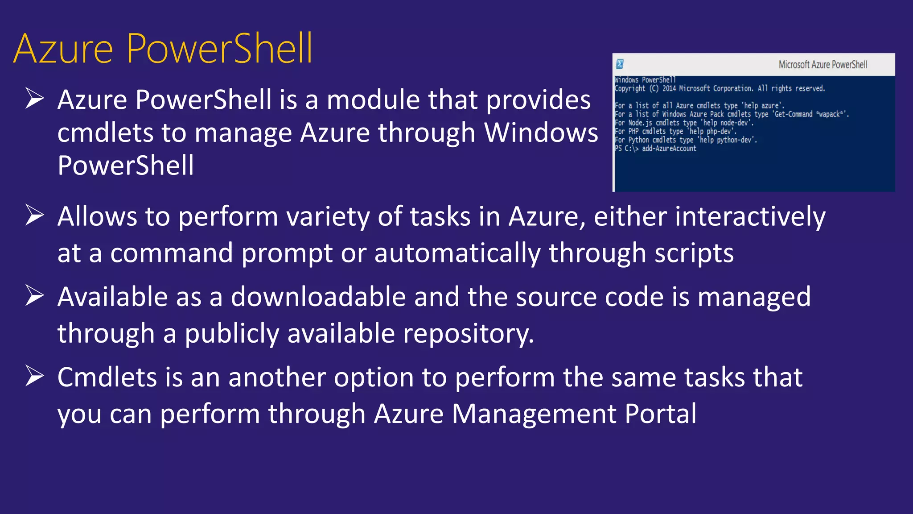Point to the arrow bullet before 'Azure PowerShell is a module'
34,98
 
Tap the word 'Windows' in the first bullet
541,133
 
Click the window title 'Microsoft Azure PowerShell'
823,65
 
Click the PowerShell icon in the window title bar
620,64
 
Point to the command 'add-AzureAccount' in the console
669,149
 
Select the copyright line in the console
720,88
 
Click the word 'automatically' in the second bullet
457,253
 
